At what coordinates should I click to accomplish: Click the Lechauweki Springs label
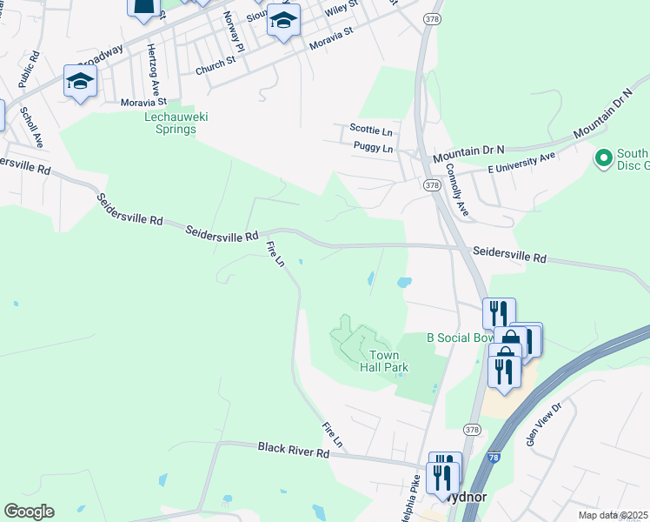(170, 123)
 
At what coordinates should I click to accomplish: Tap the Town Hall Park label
(384, 361)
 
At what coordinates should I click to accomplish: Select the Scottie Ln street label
(371, 128)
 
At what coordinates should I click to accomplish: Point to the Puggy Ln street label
(374, 149)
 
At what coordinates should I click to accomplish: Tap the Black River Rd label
(293, 450)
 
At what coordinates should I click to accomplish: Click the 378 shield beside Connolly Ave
(433, 185)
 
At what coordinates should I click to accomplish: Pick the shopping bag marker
(512, 339)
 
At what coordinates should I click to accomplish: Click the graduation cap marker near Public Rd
(80, 82)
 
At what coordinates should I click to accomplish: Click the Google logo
(29, 512)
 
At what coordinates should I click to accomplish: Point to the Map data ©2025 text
(612, 515)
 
